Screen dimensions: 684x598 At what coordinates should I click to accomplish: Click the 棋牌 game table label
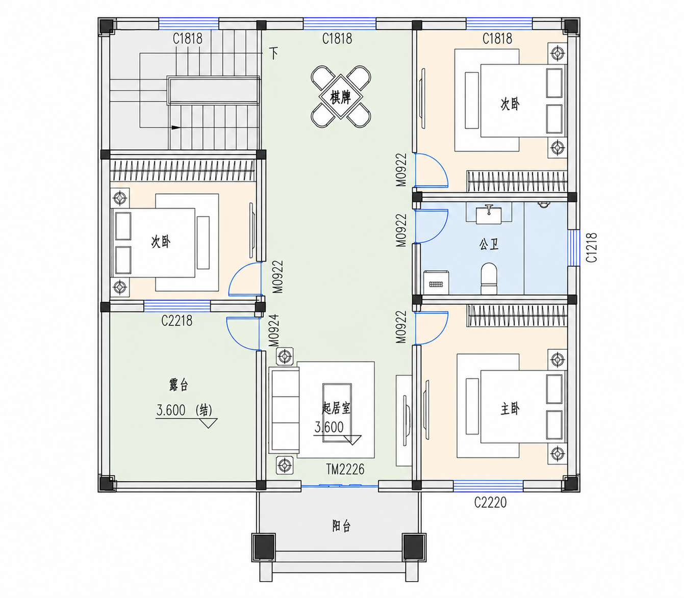[x=340, y=98]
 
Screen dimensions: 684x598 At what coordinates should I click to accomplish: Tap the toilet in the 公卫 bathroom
[x=489, y=278]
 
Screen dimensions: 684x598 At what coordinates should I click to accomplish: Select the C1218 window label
[x=592, y=248]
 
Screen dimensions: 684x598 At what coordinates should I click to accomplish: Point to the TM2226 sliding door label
[x=345, y=470]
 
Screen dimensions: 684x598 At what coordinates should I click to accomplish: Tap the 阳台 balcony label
[x=341, y=526]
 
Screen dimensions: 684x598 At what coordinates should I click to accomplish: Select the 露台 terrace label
[x=179, y=385]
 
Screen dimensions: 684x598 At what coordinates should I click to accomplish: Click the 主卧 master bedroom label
[x=510, y=409]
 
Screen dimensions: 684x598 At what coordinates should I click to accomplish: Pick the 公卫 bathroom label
[x=489, y=245]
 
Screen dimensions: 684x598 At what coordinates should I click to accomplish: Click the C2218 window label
[x=177, y=321]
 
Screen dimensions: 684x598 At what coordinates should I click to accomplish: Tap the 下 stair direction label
[x=274, y=53]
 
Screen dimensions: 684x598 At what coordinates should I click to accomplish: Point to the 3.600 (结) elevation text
[x=184, y=410]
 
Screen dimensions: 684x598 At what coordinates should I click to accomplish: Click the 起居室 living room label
[x=336, y=408]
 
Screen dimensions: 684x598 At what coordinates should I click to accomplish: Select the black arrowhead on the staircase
[x=176, y=127]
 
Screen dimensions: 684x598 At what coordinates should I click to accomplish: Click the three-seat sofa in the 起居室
[x=285, y=410]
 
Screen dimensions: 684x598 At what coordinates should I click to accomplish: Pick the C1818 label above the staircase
[x=188, y=39]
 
